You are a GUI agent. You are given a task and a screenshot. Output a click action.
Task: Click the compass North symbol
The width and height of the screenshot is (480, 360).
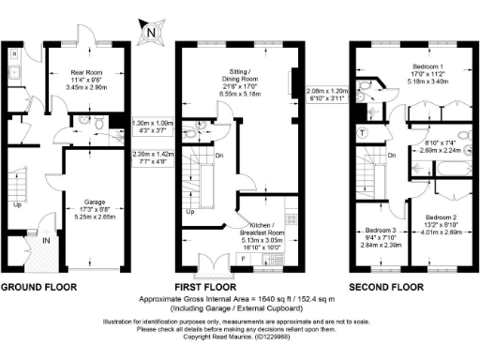(x=150, y=33)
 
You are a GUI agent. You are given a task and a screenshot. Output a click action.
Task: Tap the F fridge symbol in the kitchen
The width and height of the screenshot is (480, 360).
(x=244, y=256)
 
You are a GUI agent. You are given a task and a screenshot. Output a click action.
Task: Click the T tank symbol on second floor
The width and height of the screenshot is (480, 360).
(x=364, y=132)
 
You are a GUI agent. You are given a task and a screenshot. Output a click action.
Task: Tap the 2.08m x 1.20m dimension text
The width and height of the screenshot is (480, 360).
(x=328, y=91)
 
